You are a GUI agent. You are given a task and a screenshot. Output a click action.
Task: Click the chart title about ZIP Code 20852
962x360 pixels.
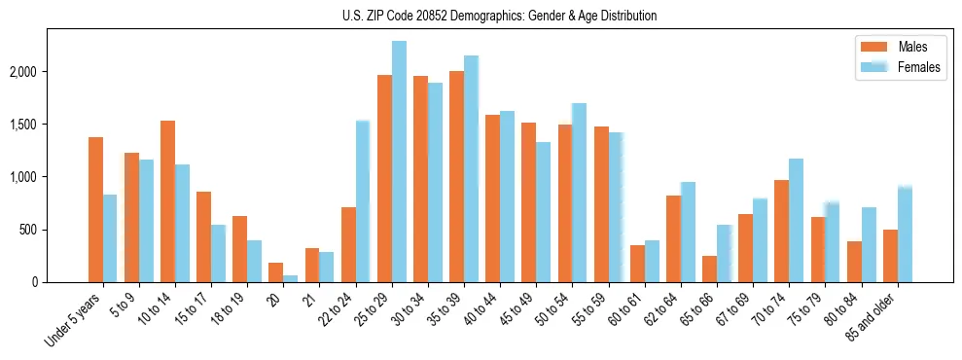tap(500, 16)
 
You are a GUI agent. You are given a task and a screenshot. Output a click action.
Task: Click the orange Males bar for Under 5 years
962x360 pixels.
tap(95, 209)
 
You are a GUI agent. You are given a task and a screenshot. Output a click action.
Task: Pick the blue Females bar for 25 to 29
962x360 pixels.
tap(399, 162)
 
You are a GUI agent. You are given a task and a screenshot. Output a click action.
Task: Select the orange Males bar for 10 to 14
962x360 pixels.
tap(167, 201)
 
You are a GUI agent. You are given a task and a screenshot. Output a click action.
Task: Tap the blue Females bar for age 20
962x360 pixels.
tap(291, 278)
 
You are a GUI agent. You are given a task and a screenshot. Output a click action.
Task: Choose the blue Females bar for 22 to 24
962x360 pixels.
tap(363, 201)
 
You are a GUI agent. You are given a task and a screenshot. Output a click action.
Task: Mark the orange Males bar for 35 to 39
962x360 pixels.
tap(456, 176)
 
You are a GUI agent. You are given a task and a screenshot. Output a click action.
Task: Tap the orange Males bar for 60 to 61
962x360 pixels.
tap(637, 264)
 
